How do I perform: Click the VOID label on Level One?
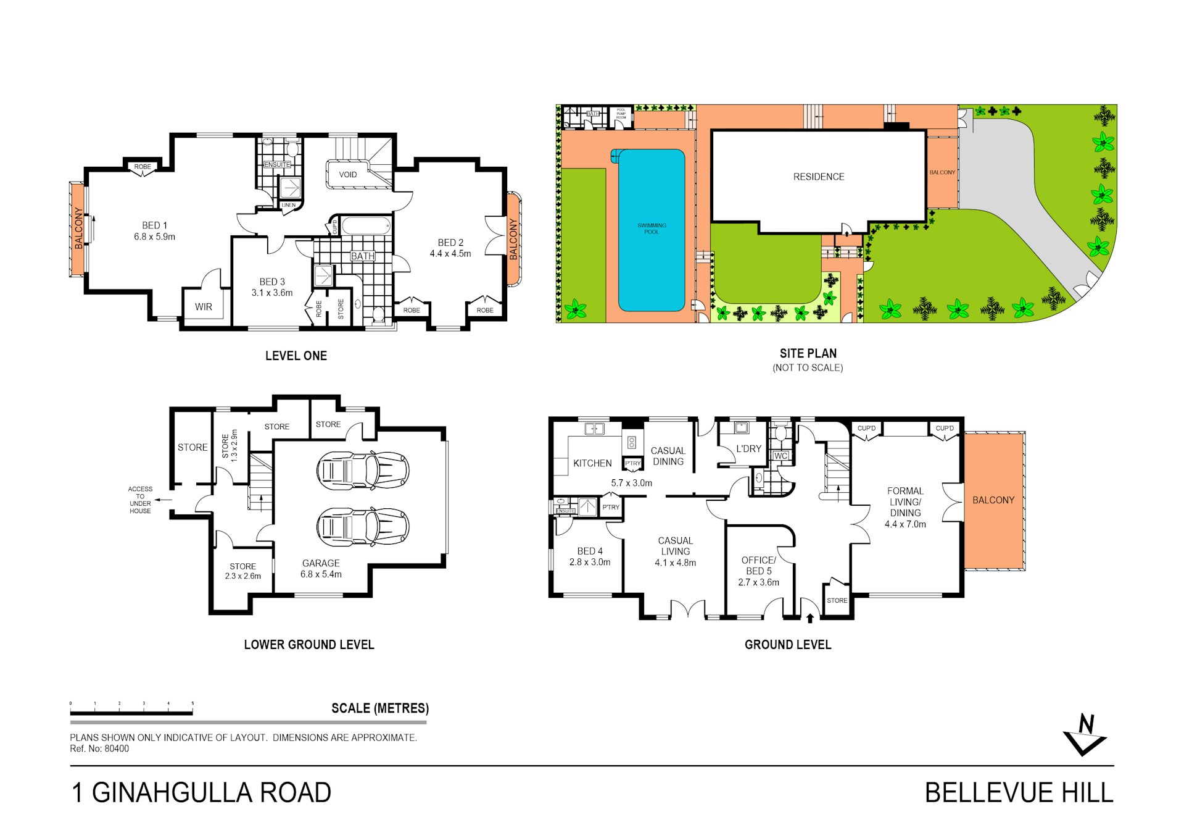[x=348, y=175]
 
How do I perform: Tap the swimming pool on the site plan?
[x=652, y=230]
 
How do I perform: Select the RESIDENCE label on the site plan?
[x=819, y=177]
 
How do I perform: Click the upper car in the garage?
[x=362, y=471]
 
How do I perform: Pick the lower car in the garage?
[x=362, y=527]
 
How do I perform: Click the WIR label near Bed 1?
[x=204, y=307]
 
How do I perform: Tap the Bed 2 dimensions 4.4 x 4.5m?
[x=450, y=254]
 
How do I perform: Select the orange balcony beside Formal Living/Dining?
[x=993, y=500]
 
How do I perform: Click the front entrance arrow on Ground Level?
[x=810, y=618]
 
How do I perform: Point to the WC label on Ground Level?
[x=780, y=456]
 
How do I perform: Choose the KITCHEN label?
[x=592, y=463]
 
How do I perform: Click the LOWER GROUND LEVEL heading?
[x=309, y=645]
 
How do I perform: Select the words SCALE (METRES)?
[x=380, y=708]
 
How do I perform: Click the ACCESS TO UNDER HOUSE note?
[x=140, y=500]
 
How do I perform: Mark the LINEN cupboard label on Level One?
[x=289, y=205]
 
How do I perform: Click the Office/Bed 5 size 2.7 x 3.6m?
[x=758, y=582]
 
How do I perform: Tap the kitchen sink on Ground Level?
[x=594, y=429]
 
